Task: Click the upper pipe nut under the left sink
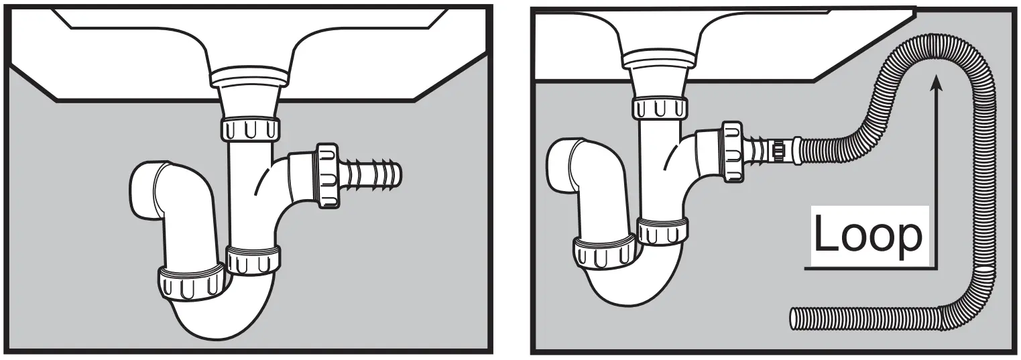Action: [x=250, y=128]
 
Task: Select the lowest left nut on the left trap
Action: [x=190, y=284]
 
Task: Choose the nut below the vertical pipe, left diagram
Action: [x=253, y=259]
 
